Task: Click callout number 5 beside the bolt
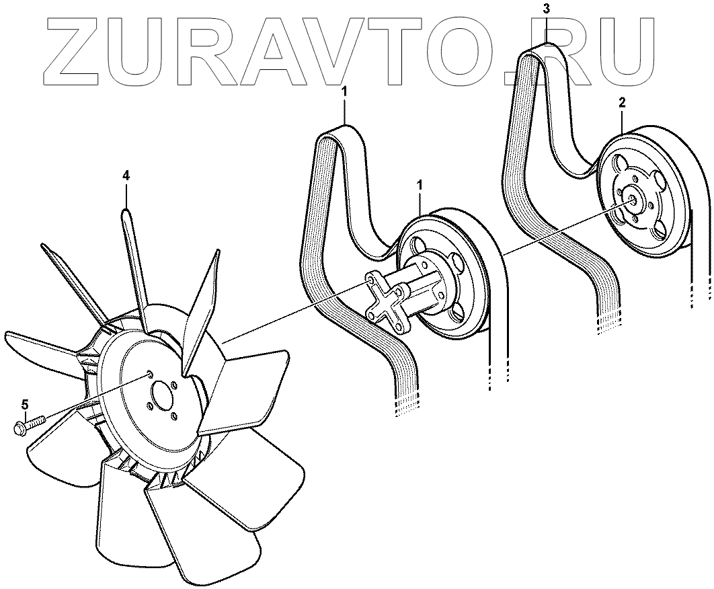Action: pos(25,404)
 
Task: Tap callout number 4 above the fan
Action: pos(126,175)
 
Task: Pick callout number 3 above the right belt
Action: pos(547,9)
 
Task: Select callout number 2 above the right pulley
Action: pos(622,103)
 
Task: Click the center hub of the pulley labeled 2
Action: pos(633,199)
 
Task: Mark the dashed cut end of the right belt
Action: pos(606,326)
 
